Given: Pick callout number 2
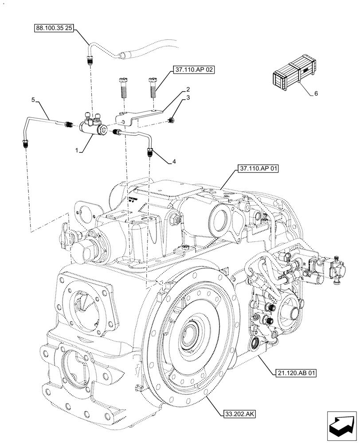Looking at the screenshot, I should click(x=188, y=89).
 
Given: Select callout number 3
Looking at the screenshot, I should click(x=188, y=97).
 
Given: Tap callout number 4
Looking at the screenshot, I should click(x=174, y=162).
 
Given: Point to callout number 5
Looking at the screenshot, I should click(x=33, y=101).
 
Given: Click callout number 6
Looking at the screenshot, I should click(x=315, y=93).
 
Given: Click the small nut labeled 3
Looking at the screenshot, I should click(x=171, y=120).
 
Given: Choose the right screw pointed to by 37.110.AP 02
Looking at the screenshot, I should click(x=153, y=90).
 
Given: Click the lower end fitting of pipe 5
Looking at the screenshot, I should click(x=25, y=144).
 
